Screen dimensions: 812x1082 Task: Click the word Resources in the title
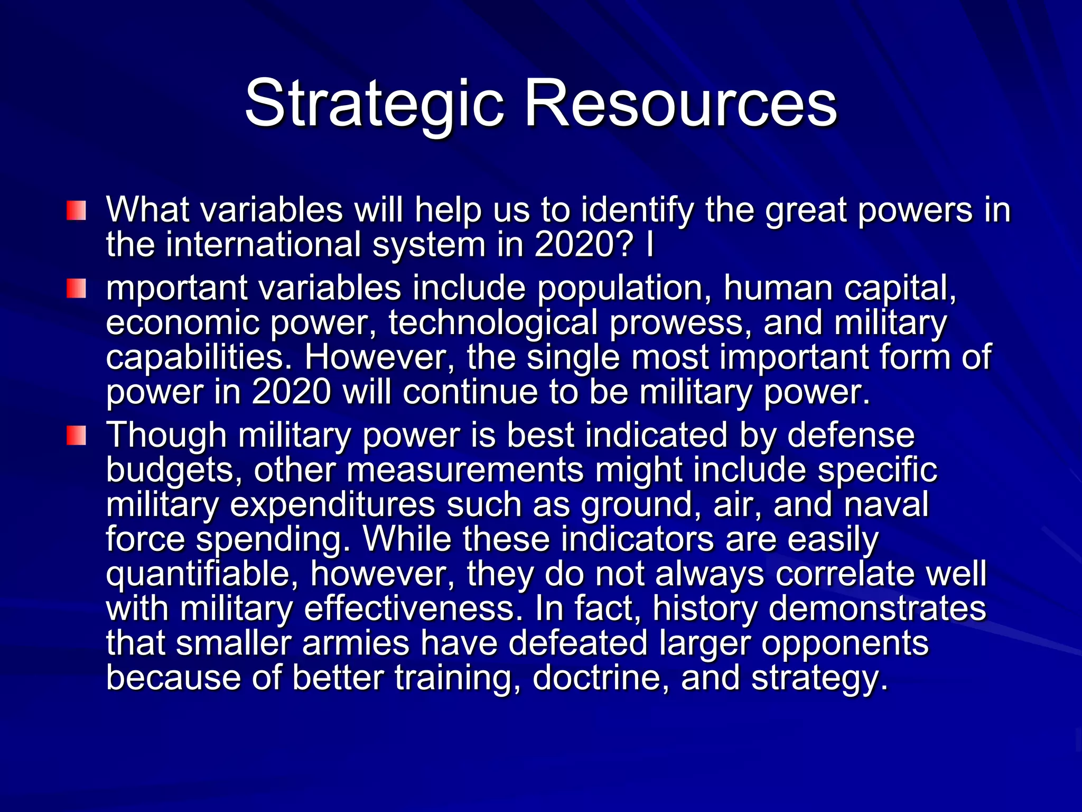tap(680, 103)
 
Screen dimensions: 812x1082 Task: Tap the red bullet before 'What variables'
tap(76, 210)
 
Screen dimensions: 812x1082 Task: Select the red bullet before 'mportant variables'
tap(76, 289)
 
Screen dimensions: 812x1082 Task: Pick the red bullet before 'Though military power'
tap(76, 436)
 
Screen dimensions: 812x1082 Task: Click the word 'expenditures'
tap(333, 505)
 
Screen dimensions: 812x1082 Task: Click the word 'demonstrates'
tap(877, 609)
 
